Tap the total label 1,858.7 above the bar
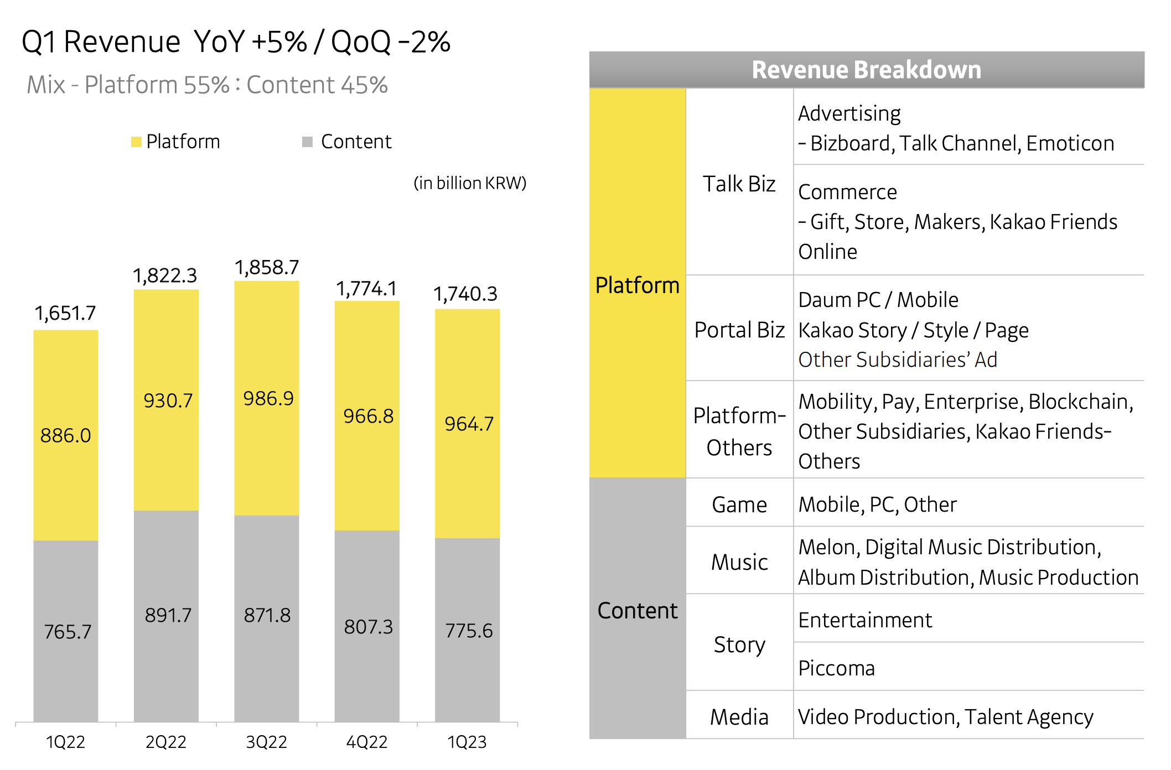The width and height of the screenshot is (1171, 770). coord(267,268)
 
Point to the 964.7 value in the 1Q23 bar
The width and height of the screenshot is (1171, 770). coord(469,424)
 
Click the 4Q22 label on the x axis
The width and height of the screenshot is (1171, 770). coord(366,742)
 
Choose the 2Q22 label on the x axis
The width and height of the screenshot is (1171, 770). coord(166,742)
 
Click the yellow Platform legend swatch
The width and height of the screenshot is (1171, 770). coord(136,142)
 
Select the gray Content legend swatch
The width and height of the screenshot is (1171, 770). coord(308,142)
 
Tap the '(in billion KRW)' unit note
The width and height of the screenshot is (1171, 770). coord(470,183)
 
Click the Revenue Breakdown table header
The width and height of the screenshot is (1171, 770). coord(866,70)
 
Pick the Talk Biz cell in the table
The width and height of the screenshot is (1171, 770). coord(739,184)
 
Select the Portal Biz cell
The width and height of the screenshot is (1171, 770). coord(739,330)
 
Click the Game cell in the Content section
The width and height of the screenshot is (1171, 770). coord(739,504)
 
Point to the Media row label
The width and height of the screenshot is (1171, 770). coord(739,717)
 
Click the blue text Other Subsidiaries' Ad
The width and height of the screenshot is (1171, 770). coord(897,360)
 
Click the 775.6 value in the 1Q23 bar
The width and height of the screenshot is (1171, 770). coord(469,631)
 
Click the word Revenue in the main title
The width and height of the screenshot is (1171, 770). coord(122,42)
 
